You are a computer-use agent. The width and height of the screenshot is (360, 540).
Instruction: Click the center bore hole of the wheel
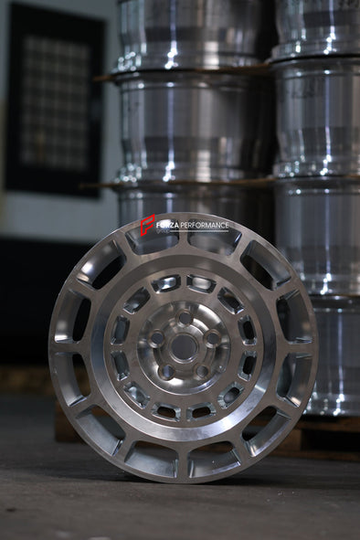coord(184,346)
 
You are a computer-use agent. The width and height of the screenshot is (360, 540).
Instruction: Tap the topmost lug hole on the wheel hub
coord(185,318)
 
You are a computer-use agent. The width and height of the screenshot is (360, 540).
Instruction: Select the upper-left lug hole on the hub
coord(157,337)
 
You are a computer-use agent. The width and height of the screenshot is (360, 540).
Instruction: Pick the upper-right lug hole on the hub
coord(212,337)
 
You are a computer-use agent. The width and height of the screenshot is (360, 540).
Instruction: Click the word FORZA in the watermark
coord(167,225)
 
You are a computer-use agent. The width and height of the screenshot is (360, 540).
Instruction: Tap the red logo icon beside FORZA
coord(146,224)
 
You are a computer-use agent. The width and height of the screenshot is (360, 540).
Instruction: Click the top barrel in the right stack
coord(317,27)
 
